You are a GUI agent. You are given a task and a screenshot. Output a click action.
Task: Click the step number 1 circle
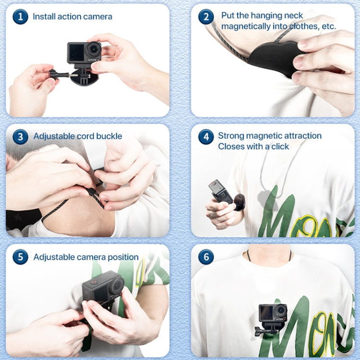click(20, 17)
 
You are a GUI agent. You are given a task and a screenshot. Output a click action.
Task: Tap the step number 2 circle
click(206, 17)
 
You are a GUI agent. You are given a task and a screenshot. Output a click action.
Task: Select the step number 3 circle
click(20, 137)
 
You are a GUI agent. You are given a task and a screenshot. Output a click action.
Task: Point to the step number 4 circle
click(206, 137)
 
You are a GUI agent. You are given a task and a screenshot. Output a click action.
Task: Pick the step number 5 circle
click(20, 257)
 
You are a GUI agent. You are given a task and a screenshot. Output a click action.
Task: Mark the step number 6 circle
click(206, 257)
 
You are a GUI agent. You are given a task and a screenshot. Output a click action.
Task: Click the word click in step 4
click(279, 146)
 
